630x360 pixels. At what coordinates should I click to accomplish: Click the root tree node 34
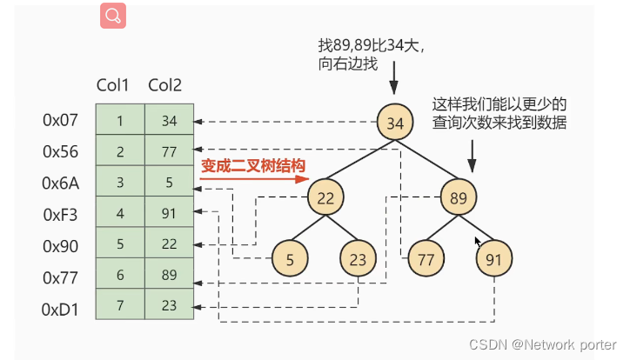coord(394,123)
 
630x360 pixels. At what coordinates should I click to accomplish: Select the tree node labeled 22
coord(325,197)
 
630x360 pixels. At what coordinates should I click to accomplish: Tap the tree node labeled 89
coord(458,197)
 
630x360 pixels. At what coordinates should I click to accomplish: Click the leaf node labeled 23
coord(359,258)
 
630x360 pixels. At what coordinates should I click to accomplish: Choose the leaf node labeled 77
coord(426,258)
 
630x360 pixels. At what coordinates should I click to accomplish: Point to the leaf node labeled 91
coord(493,258)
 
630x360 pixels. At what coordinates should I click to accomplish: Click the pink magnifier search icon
coord(113,16)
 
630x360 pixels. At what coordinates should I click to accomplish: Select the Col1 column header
coord(113,86)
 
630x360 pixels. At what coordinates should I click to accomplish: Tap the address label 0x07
coord(61,121)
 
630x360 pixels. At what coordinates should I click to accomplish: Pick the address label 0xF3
coord(61,214)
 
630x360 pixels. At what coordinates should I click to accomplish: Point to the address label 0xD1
coord(61,308)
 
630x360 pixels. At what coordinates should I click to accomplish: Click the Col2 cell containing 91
coord(169,214)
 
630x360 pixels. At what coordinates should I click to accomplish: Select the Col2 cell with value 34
coord(169,121)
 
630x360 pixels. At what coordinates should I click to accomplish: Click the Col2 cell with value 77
coord(169,152)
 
